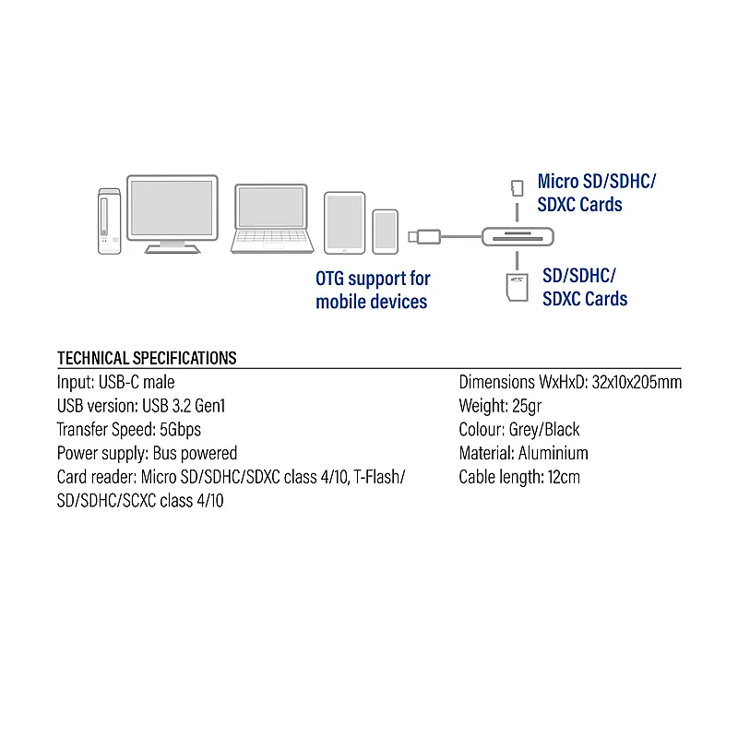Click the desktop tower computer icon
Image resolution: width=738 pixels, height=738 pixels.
(109, 221)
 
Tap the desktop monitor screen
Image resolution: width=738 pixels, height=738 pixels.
(173, 208)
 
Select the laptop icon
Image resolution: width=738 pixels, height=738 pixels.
(272, 219)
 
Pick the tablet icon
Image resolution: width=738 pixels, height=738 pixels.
(344, 223)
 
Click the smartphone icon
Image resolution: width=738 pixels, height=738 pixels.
(386, 232)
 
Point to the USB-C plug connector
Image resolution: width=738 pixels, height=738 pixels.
(424, 236)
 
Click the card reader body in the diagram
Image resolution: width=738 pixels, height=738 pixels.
(518, 237)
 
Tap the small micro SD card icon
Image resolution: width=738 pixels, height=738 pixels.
(518, 188)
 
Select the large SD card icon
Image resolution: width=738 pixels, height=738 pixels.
(517, 287)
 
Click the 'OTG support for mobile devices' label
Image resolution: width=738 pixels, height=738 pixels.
(373, 290)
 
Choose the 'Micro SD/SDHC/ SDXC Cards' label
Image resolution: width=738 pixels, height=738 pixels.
(596, 193)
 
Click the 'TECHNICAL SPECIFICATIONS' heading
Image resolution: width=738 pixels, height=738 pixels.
(147, 358)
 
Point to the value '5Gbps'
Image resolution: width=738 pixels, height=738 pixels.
(180, 430)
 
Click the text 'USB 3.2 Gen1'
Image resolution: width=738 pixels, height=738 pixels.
(184, 406)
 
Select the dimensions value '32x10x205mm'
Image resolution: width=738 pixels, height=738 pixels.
(637, 382)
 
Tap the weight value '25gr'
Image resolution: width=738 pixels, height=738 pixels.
(527, 406)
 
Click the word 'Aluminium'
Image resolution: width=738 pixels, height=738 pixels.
(553, 453)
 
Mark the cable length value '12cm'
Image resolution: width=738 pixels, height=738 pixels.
(564, 477)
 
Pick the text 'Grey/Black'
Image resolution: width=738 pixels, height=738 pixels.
(544, 430)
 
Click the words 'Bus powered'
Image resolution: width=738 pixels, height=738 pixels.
(195, 453)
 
